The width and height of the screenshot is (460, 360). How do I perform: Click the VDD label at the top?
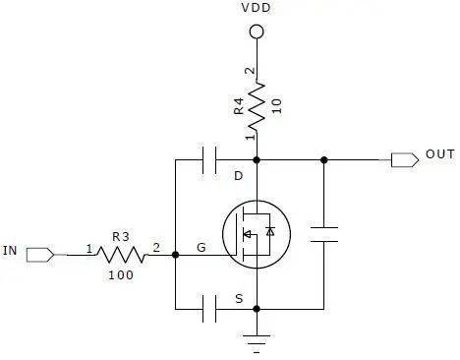(256, 8)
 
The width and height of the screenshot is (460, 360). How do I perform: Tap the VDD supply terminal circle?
(257, 31)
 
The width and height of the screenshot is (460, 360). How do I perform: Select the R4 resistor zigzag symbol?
(257, 106)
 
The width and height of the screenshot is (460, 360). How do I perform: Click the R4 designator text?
(239, 105)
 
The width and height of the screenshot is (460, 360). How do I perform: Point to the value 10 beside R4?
(277, 106)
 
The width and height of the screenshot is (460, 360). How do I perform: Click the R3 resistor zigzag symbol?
(121, 255)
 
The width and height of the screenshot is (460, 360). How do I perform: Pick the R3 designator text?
(121, 236)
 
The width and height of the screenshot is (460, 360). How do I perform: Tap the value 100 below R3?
(121, 274)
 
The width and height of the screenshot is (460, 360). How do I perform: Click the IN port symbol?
(40, 255)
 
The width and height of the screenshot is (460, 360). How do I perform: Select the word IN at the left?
(10, 251)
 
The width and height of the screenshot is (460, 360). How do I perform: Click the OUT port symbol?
(405, 160)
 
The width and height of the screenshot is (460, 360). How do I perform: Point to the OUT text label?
(440, 154)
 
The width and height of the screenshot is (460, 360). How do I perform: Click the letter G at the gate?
(201, 247)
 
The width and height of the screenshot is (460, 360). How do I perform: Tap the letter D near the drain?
(238, 176)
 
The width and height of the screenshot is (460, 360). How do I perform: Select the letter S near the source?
(239, 299)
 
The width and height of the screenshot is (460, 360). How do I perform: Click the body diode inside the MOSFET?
(270, 231)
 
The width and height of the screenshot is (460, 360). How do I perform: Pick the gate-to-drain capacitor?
(209, 160)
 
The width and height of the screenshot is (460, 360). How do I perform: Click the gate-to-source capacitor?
(209, 309)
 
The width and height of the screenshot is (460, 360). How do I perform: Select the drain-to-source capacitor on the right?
(324, 234)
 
